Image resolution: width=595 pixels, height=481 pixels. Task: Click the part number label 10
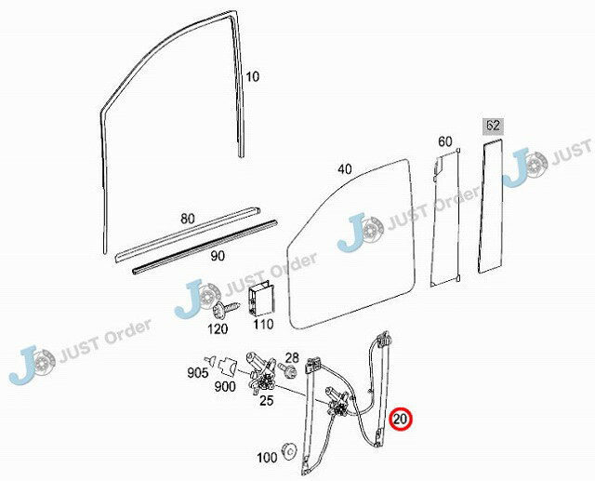[252, 76]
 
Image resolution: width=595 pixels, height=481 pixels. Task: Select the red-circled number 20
[401, 420]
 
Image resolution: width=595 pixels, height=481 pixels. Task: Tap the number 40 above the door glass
[345, 169]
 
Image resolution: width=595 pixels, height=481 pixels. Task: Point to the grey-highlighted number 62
[493, 126]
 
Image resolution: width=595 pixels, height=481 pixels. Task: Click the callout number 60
[445, 141]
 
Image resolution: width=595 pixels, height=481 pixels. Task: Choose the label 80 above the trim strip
[188, 219]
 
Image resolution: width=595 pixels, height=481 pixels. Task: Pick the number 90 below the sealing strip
[218, 256]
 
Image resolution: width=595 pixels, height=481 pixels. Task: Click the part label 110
[263, 324]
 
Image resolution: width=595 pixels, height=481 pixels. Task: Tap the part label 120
[218, 328]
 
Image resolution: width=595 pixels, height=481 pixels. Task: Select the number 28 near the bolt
[292, 357]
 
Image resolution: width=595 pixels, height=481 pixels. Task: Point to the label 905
[198, 373]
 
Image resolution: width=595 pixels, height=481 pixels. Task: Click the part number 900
[225, 386]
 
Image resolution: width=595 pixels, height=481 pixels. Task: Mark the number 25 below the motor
[267, 400]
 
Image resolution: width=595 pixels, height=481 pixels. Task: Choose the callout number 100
[267, 458]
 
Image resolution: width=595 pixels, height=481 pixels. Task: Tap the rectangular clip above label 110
[261, 300]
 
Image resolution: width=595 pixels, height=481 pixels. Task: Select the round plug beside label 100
[290, 451]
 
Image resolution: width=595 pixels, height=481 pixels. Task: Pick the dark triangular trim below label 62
[492, 207]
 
